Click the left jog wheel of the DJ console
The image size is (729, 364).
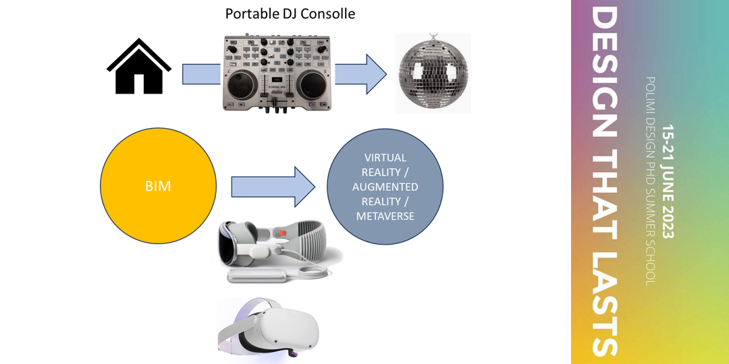(x=242, y=85)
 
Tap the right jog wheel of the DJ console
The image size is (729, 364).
(x=313, y=85)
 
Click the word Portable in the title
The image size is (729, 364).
(x=249, y=13)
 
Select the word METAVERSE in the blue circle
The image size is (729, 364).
(x=385, y=216)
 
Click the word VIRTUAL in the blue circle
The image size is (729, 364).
(x=385, y=158)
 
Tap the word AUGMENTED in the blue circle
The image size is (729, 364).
(x=385, y=187)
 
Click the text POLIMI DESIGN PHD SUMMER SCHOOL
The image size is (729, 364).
(x=649, y=181)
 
